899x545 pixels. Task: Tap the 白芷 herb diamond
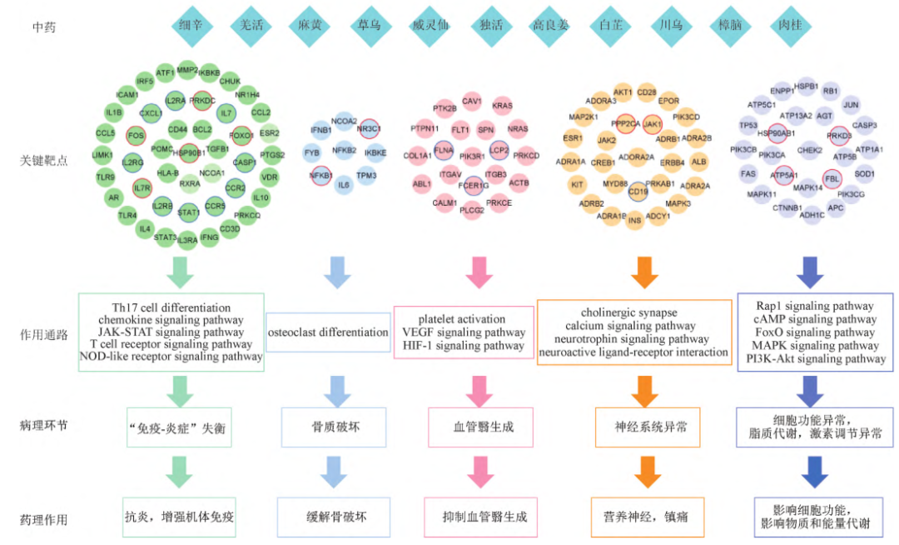pyautogui.click(x=611, y=25)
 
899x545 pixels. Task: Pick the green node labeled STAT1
pyautogui.click(x=188, y=212)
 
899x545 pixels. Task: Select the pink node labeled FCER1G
pyautogui.click(x=474, y=185)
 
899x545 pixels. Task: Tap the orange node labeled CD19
pyautogui.click(x=638, y=192)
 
